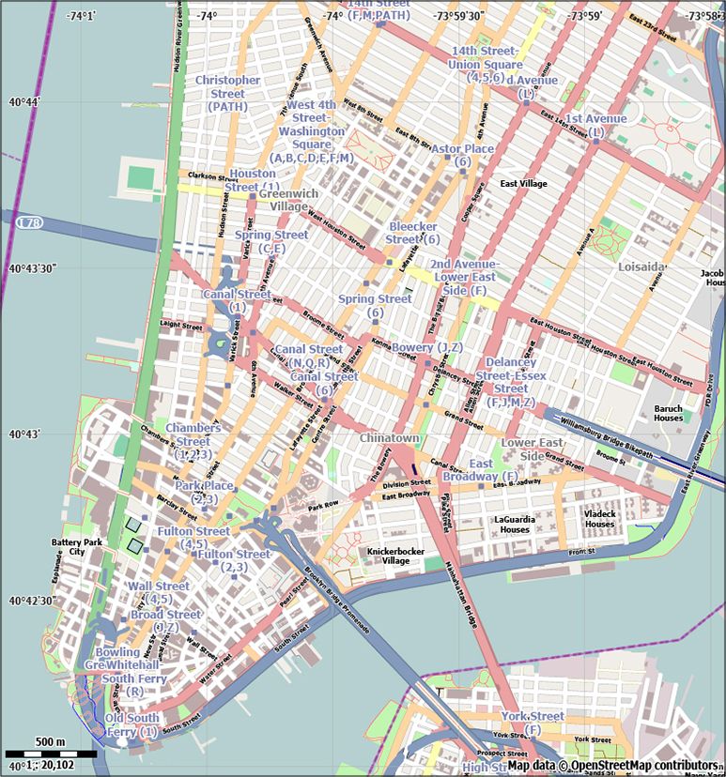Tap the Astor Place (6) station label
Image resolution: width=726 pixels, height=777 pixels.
(x=462, y=156)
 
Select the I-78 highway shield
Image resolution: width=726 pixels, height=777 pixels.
(x=29, y=222)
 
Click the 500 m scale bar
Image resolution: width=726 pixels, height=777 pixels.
(x=51, y=753)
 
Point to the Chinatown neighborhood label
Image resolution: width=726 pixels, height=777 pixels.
(x=389, y=438)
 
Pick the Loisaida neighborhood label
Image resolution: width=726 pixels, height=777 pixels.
(x=641, y=267)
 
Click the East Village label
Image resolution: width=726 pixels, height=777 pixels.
(x=523, y=184)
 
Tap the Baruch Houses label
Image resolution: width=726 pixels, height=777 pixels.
(x=669, y=413)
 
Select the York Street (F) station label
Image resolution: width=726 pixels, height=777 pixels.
(x=533, y=723)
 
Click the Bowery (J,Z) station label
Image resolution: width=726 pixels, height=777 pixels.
(x=426, y=348)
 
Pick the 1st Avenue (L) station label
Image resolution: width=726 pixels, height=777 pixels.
(x=595, y=126)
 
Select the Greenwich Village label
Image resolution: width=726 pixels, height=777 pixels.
(x=289, y=200)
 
